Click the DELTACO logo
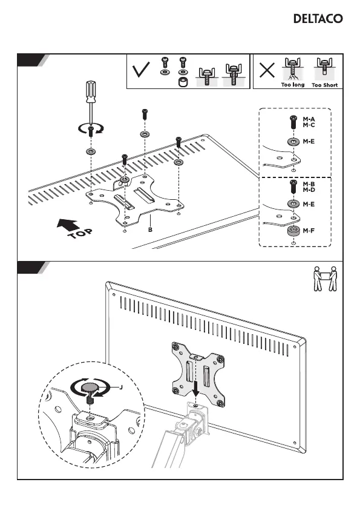click(x=318, y=18)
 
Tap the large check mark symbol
click(x=141, y=70)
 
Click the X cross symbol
click(x=267, y=70)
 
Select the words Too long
click(x=293, y=85)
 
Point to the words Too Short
click(x=324, y=85)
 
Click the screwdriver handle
click(x=91, y=92)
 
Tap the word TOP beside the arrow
click(x=80, y=233)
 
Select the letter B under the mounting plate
click(x=150, y=229)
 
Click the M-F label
click(x=309, y=231)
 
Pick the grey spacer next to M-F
click(x=293, y=231)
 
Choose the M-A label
click(x=309, y=119)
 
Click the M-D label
click(x=309, y=190)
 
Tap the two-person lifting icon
click(x=325, y=279)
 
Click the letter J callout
click(x=121, y=387)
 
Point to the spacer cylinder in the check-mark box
click(x=182, y=82)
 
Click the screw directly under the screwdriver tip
click(x=91, y=131)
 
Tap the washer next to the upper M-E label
click(x=293, y=142)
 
